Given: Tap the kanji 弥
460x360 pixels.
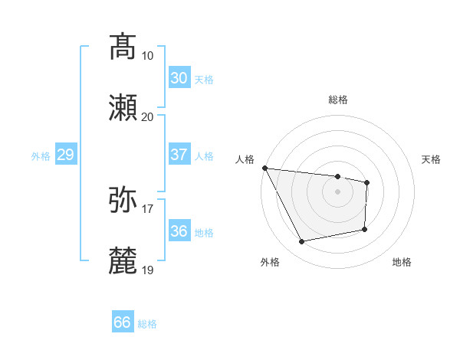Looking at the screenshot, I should tap(123, 199).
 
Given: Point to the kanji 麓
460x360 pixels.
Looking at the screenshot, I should tap(123, 260).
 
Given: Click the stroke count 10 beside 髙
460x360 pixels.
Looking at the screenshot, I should tap(147, 56).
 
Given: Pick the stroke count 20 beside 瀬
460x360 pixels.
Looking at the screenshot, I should tap(147, 116).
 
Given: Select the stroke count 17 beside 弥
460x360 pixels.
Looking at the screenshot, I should tap(147, 208).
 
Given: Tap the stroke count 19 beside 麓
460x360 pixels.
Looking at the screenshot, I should tap(147, 270).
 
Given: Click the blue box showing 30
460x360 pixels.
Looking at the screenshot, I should tap(179, 77).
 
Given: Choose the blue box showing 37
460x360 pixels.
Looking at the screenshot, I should tap(179, 155).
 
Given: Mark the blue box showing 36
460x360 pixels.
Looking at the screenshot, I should tap(179, 231).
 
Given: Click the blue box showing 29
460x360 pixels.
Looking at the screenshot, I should tap(65, 155).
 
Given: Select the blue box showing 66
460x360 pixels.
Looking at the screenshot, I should tap(123, 322).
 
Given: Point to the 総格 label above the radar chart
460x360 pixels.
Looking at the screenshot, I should tap(337, 100).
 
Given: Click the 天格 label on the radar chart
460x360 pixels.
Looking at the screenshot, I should tap(431, 159).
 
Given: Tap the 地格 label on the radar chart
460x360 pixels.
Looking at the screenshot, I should tap(402, 262).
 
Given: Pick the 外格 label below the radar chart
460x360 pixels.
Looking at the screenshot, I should tap(270, 262).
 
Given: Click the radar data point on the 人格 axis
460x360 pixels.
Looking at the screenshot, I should tap(264, 168).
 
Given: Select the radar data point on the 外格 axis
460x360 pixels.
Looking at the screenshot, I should tap(302, 242).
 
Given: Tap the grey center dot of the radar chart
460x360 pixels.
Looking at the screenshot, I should tap(337, 191).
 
